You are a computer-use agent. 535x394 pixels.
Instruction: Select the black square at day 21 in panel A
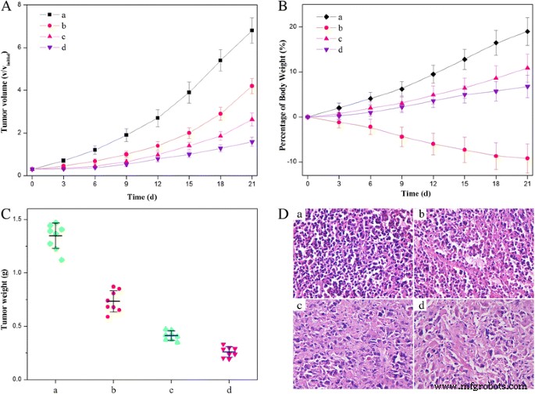[x=251, y=30]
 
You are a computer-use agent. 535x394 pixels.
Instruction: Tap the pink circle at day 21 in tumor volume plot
[x=251, y=86]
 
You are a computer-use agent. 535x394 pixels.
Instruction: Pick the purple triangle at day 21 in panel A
[x=251, y=141]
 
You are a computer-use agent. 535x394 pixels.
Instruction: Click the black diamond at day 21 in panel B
[x=528, y=31]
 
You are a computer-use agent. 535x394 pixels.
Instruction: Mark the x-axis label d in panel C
[x=229, y=389]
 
